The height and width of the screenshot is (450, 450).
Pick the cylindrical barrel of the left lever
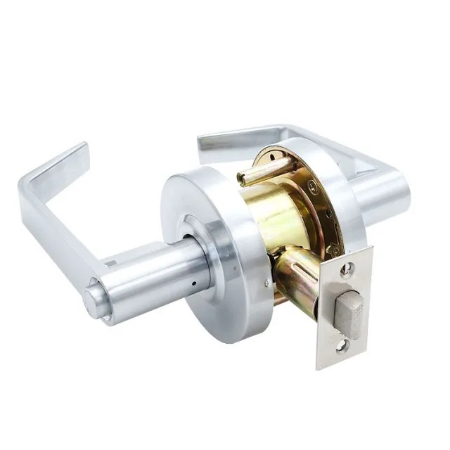(151, 278)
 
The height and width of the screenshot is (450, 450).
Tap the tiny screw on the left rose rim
(265, 285)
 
